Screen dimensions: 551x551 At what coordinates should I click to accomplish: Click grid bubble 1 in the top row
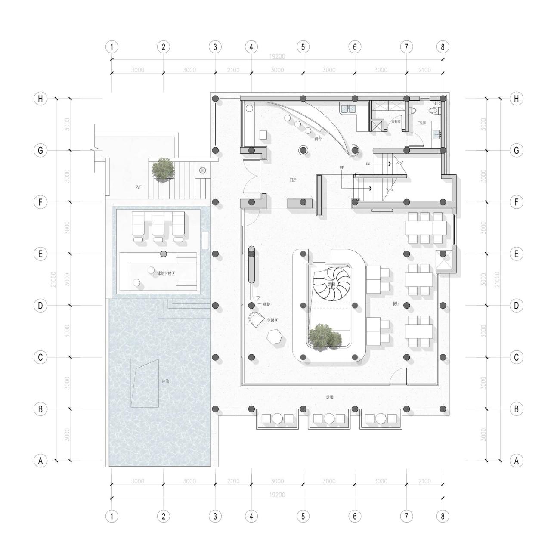[x=111, y=46]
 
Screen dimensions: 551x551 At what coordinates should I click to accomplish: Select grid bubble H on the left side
[x=40, y=99]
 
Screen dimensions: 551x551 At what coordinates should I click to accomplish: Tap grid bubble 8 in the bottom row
[x=443, y=516]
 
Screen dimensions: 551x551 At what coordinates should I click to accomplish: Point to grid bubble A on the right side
[x=516, y=461]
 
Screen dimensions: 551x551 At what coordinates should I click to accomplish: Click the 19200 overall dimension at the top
[x=277, y=56]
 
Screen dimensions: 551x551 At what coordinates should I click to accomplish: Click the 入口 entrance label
[x=139, y=187]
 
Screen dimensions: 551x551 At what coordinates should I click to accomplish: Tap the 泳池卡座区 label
[x=166, y=273]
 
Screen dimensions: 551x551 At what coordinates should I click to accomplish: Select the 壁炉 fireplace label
[x=267, y=304]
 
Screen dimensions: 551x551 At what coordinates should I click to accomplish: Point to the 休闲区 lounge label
[x=272, y=320]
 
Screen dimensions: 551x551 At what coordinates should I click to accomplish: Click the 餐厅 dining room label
[x=396, y=303]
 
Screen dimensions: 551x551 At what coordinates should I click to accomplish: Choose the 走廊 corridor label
[x=330, y=397]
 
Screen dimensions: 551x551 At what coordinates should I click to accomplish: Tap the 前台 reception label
[x=318, y=139]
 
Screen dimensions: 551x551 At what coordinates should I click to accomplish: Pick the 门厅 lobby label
[x=293, y=180]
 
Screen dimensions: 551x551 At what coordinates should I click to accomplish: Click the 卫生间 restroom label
[x=421, y=123]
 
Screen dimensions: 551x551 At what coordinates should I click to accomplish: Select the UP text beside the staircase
[x=342, y=167]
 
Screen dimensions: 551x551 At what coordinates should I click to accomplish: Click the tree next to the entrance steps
[x=163, y=169]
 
